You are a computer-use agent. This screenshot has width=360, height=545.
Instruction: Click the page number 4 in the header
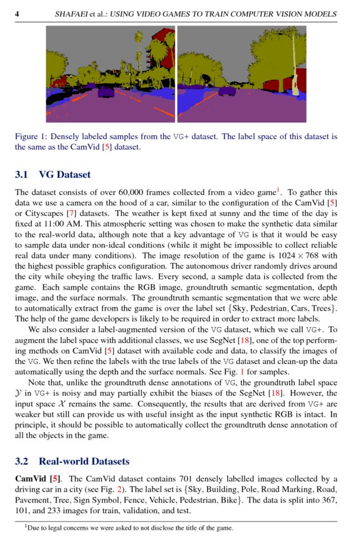click(17, 13)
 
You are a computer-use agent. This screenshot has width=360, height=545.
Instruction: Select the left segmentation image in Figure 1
click(110, 77)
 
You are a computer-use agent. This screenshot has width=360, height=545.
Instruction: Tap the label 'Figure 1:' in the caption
click(30, 136)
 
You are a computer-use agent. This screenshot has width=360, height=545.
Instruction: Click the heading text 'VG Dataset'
click(65, 175)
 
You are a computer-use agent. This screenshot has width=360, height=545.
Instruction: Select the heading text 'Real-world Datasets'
click(84, 461)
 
